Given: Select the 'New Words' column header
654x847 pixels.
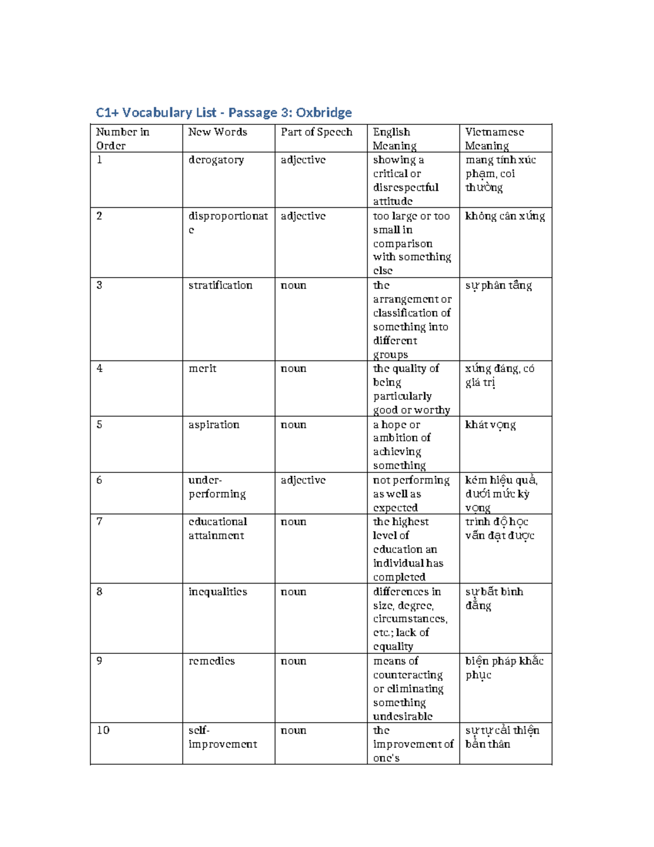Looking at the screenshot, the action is tap(217, 132).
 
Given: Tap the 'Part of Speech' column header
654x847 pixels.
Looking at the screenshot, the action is tap(316, 132).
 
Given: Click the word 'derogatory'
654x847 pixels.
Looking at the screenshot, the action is tap(216, 160).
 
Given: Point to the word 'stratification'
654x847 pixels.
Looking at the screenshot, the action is tap(220, 285).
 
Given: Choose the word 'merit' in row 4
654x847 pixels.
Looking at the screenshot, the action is tap(202, 369).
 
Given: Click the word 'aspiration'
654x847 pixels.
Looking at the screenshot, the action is tap(214, 424).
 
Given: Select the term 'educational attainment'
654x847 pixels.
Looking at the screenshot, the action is tap(217, 528).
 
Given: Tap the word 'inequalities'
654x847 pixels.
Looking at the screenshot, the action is tap(217, 592).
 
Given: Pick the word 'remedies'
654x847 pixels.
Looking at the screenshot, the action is tap(211, 661).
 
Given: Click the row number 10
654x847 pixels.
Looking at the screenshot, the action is tap(103, 730).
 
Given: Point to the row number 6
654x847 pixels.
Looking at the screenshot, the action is tap(99, 480).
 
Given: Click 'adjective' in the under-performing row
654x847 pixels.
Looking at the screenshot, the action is tap(302, 480).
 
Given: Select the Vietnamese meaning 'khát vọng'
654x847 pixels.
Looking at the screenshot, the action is tap(490, 425).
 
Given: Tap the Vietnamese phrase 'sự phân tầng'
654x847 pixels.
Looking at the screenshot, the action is tap(498, 286).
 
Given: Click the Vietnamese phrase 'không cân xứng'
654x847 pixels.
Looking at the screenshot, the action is tap(505, 217).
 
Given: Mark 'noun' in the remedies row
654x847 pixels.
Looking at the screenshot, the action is tap(293, 661).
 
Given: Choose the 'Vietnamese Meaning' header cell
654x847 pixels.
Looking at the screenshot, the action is tap(494, 139).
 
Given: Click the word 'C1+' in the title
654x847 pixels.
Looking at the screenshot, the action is tap(107, 113).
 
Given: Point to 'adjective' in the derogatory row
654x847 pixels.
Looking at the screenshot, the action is tap(302, 160).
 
